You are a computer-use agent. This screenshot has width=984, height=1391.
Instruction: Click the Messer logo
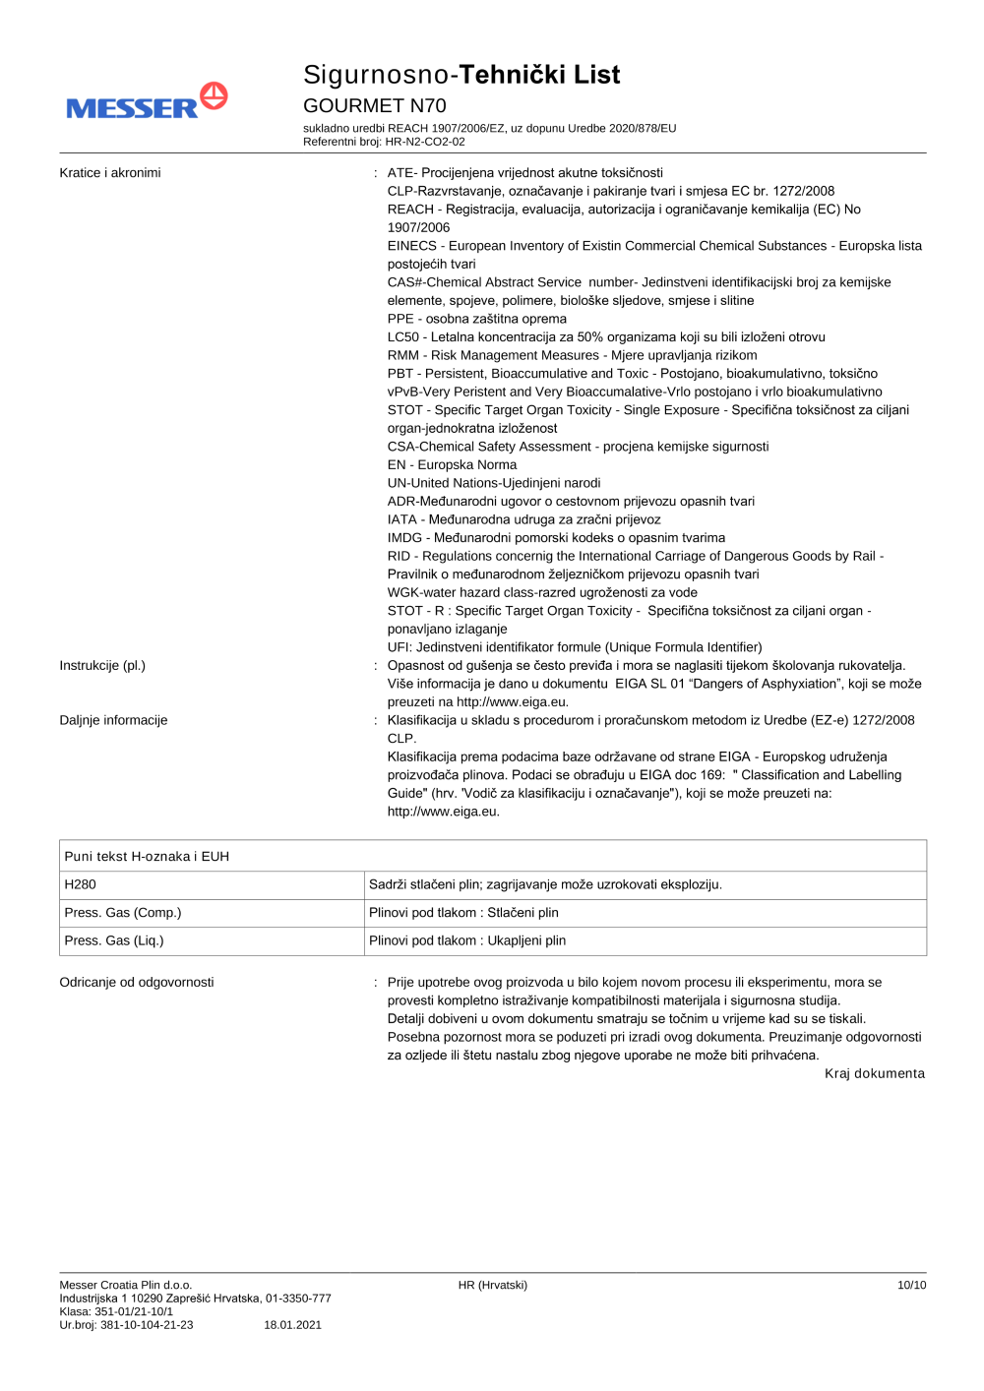point(147,102)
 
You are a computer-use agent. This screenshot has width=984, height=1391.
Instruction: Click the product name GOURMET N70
point(374,105)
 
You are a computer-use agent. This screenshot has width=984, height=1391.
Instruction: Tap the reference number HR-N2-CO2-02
point(425,142)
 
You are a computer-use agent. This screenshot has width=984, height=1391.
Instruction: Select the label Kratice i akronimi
point(110,173)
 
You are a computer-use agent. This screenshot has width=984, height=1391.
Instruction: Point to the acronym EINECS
point(411,246)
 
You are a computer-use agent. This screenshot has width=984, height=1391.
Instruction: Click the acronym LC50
point(404,337)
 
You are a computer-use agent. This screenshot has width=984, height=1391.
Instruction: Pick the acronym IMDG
point(404,538)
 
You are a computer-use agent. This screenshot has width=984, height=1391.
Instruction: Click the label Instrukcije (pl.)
point(102,666)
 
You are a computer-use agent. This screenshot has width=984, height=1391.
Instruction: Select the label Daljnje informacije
point(113,721)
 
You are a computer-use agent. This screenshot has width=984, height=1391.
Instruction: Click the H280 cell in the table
point(81,884)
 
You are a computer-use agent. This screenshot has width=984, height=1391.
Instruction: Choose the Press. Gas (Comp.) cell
point(123,913)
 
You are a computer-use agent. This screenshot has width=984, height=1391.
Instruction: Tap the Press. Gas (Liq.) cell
point(114,940)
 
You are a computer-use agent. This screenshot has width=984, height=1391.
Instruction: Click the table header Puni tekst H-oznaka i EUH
point(147,857)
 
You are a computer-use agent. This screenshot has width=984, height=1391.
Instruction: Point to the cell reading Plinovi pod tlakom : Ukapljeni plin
point(467,940)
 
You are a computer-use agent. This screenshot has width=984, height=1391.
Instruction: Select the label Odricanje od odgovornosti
point(137,983)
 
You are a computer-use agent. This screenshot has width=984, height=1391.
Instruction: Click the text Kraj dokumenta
point(874,1074)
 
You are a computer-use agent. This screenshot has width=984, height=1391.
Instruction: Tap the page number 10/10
point(911,1285)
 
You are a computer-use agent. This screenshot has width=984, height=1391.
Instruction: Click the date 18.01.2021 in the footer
point(292,1325)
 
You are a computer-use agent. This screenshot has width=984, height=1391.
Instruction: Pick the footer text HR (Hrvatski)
point(492,1285)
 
